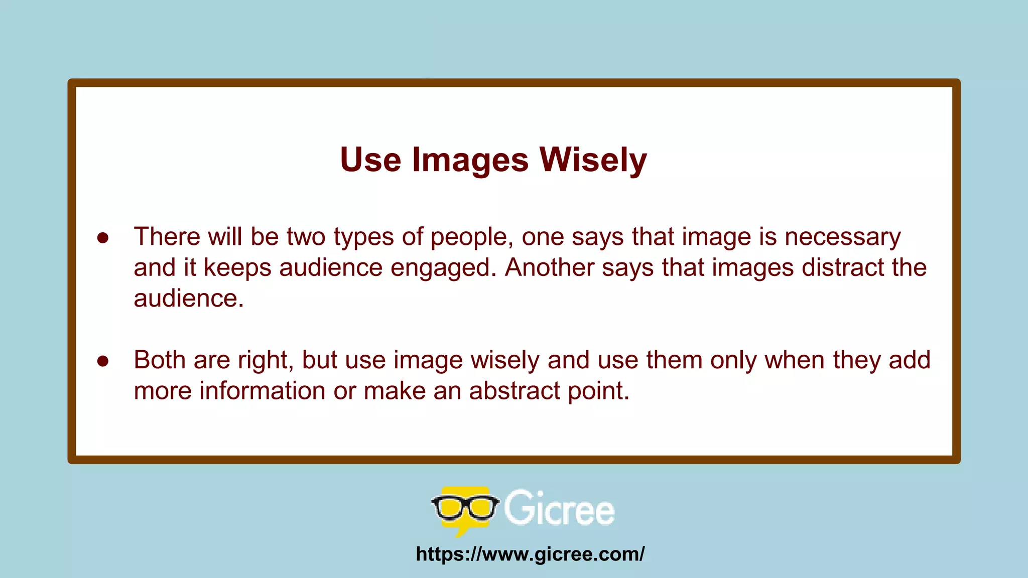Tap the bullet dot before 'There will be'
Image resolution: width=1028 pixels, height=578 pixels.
pyautogui.click(x=103, y=238)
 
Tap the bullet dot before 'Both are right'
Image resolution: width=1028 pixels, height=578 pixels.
pyautogui.click(x=103, y=361)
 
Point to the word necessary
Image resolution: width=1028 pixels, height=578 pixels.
pyautogui.click(x=843, y=237)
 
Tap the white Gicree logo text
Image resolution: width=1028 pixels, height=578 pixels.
pyautogui.click(x=559, y=509)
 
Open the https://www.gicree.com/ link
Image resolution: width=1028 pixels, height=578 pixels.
pyautogui.click(x=530, y=554)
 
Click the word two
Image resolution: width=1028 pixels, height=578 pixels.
pyautogui.click(x=306, y=237)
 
